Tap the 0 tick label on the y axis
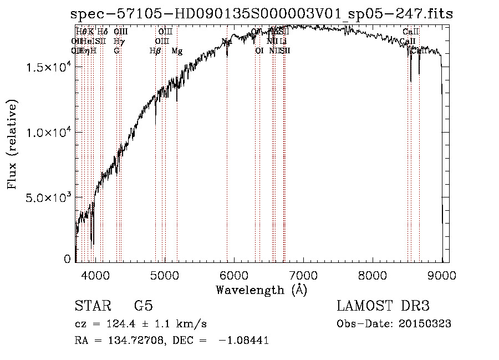(68, 259)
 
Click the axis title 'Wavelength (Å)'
(261, 290)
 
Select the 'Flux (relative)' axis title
(12, 144)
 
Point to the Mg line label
(177, 51)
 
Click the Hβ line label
(155, 51)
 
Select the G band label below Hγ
(116, 51)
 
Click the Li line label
(283, 41)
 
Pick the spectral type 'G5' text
(143, 306)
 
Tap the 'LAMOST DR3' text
(383, 306)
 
